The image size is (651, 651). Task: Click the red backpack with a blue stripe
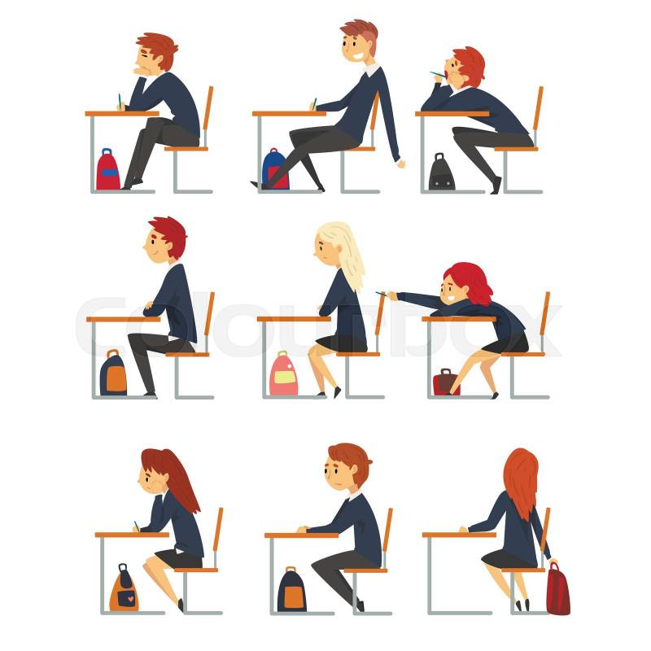click(108, 170)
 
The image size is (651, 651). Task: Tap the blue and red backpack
click(275, 169)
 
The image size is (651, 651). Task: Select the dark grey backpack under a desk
click(441, 172)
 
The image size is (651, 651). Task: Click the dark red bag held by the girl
click(558, 588)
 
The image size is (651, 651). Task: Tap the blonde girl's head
click(332, 244)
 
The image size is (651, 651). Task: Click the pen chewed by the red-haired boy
click(438, 75)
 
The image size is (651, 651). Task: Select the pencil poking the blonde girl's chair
click(382, 294)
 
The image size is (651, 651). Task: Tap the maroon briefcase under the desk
click(445, 382)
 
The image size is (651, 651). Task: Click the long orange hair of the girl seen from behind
click(521, 482)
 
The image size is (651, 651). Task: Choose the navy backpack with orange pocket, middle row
click(113, 374)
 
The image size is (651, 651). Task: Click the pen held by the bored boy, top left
click(119, 101)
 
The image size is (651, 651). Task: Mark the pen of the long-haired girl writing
click(136, 525)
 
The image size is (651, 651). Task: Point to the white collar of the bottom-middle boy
click(355, 496)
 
